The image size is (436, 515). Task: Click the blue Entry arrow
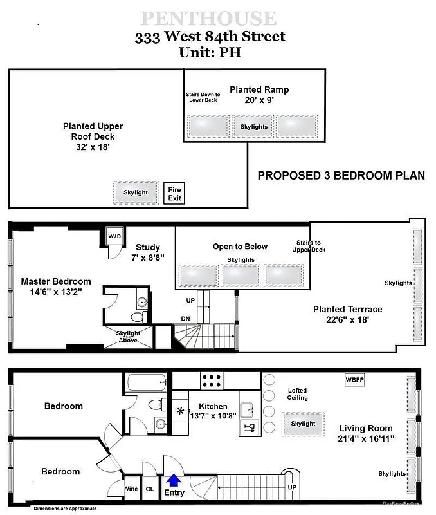pos(174,480)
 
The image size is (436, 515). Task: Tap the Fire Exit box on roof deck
pos(174,193)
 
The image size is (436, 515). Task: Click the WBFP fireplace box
pos(354,380)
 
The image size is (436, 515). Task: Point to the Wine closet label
pos(131,489)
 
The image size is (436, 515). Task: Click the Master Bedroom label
pos(56,286)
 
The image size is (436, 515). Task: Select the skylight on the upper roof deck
pos(136,192)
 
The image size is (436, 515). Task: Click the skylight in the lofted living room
pos(303,424)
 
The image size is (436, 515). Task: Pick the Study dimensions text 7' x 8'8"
pos(147,257)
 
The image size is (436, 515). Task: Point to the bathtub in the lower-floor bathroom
pos(147,384)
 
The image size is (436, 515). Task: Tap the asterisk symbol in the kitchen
pos(180,412)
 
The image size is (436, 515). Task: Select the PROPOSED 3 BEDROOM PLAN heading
pos(341,175)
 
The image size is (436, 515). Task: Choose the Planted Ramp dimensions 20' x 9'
pos(259,100)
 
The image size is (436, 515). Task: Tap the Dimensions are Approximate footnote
pos(65,509)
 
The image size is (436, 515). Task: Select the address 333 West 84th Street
pos(209,37)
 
